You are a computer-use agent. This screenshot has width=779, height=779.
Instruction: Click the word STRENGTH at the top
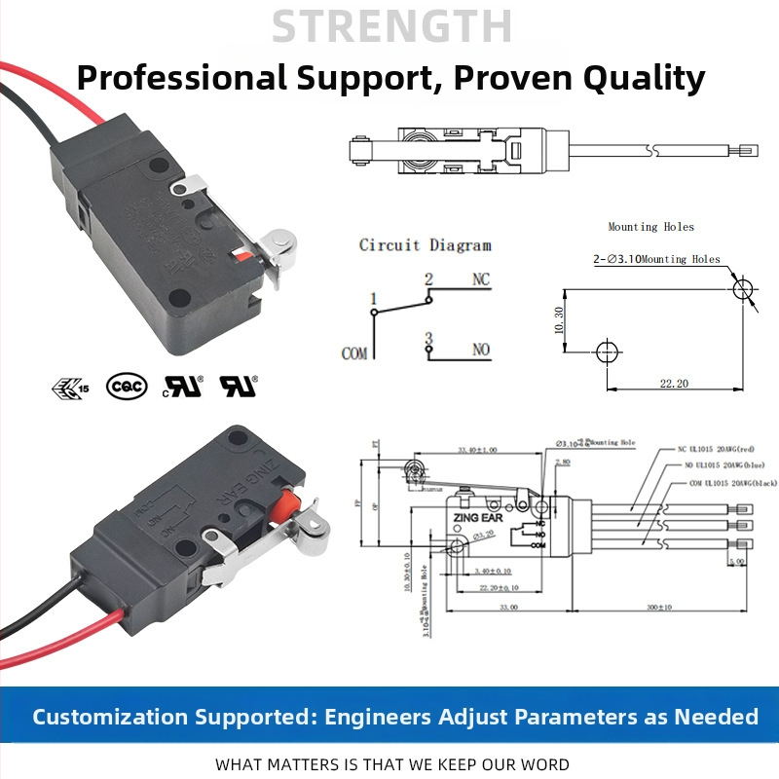click(x=390, y=26)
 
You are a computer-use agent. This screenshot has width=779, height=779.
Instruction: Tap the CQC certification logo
click(x=126, y=387)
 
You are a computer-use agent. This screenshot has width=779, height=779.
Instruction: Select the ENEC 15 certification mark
click(x=69, y=388)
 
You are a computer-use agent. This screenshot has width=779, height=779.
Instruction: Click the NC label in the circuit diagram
click(x=481, y=279)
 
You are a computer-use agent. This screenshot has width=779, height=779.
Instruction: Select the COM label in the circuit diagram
click(x=354, y=352)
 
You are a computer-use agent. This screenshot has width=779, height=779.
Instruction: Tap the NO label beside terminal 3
click(x=481, y=348)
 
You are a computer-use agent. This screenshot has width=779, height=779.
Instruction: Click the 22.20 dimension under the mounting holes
click(x=673, y=384)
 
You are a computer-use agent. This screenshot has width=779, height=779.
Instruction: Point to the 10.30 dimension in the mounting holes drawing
click(x=558, y=320)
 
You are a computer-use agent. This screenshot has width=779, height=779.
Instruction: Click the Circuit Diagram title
click(x=425, y=245)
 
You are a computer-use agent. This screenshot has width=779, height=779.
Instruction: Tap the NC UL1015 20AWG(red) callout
click(x=717, y=451)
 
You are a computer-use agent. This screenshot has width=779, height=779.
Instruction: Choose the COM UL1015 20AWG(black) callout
click(x=718, y=484)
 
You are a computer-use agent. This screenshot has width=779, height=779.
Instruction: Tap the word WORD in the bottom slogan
click(x=542, y=764)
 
